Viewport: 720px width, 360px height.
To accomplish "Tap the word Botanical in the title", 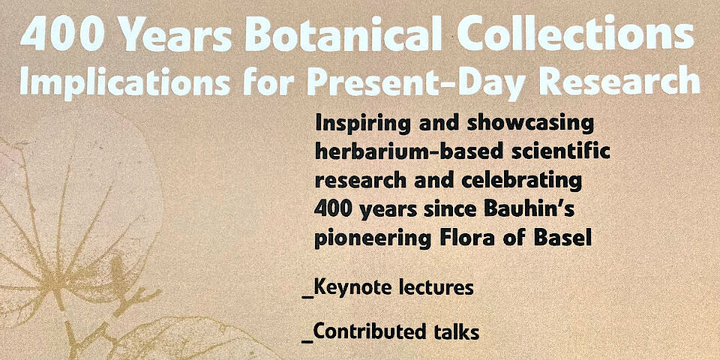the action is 343,34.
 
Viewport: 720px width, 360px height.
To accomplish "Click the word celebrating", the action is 521,180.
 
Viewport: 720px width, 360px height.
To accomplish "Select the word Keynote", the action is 351,289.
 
